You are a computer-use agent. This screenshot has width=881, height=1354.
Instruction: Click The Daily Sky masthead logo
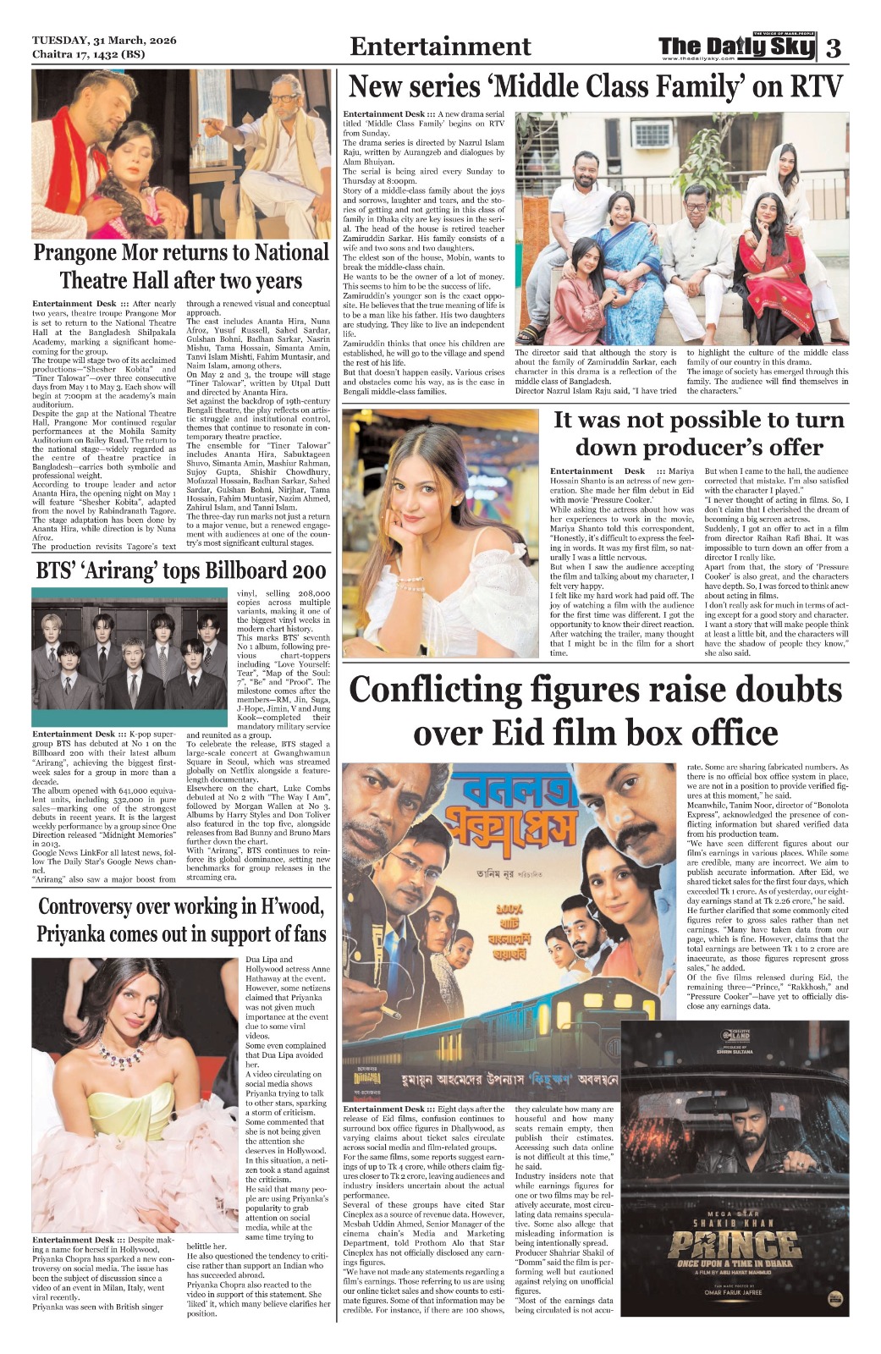coord(736,47)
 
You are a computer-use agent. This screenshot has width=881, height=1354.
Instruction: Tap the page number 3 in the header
coord(834,48)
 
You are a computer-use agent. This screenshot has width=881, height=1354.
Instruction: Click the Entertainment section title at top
coord(440,47)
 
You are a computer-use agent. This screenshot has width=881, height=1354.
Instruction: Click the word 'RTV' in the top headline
coord(816,86)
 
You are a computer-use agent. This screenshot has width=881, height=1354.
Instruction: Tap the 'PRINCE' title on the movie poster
coord(735,1245)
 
